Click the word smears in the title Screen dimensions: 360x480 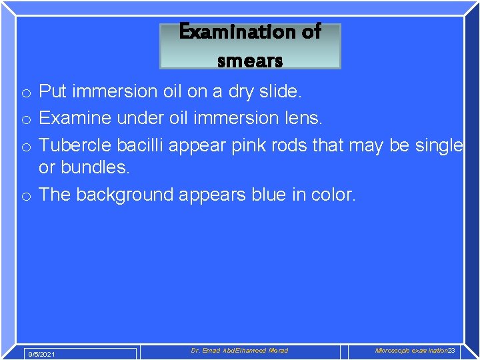tap(250, 61)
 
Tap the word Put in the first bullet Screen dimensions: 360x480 tap(54, 91)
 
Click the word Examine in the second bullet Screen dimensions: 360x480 tap(75, 118)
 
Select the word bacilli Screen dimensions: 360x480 tap(141, 145)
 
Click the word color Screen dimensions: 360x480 tap(333, 195)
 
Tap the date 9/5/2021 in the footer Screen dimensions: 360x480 tap(41, 354)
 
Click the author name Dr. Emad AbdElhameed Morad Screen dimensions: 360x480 tap(239, 351)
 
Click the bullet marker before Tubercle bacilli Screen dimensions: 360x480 tap(25, 146)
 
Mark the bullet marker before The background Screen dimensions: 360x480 tap(25, 195)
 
